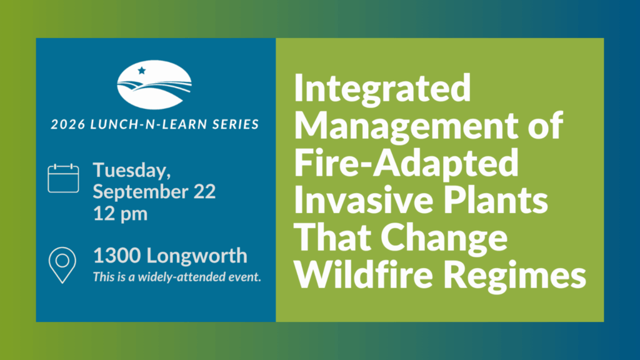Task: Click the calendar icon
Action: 63,178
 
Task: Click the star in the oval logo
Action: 142,71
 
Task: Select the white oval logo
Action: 154,85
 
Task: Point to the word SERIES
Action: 236,124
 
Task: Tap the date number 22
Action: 202,191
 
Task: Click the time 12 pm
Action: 121,214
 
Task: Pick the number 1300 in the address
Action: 117,256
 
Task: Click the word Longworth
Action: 197,256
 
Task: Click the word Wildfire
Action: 363,275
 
